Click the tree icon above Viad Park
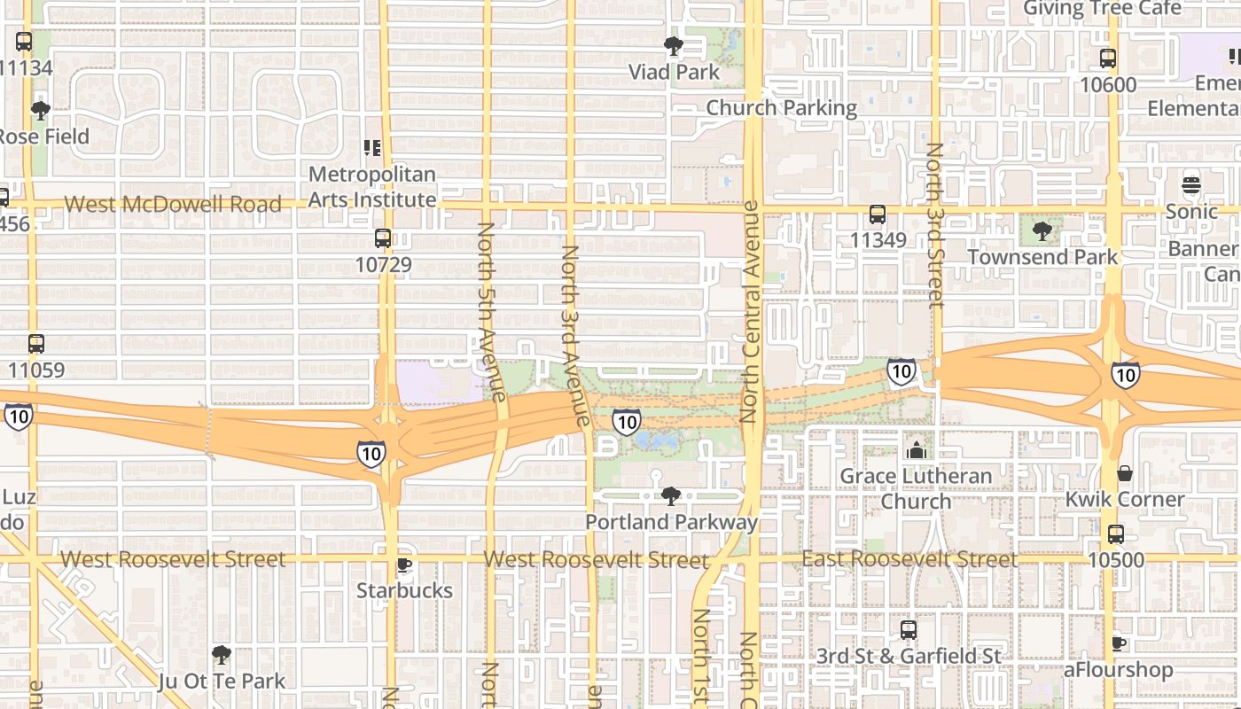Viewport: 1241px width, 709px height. [674, 45]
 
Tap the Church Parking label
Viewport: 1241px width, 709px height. [782, 108]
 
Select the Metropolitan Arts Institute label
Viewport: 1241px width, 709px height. [372, 187]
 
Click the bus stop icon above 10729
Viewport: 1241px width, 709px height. [383, 238]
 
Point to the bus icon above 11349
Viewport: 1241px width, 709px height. [878, 214]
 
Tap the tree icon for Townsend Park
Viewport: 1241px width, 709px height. [1042, 231]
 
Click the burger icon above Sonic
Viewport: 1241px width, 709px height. [1191, 185]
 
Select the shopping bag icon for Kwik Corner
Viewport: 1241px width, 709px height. [1124, 473]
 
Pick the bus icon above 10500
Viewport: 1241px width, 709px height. [1116, 534]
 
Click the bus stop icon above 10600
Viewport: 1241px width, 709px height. [1108, 58]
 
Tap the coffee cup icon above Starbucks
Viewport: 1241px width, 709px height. [404, 565]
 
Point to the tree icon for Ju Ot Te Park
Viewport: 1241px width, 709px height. [222, 655]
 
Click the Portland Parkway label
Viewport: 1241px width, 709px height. [672, 522]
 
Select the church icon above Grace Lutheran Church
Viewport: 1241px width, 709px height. [916, 450]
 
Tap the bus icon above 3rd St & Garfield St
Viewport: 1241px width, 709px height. [909, 630]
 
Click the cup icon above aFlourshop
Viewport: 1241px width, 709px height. [1119, 643]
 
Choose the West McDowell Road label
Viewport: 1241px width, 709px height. [173, 204]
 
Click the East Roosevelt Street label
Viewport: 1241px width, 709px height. [909, 559]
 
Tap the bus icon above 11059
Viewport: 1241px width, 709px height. [36, 344]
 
